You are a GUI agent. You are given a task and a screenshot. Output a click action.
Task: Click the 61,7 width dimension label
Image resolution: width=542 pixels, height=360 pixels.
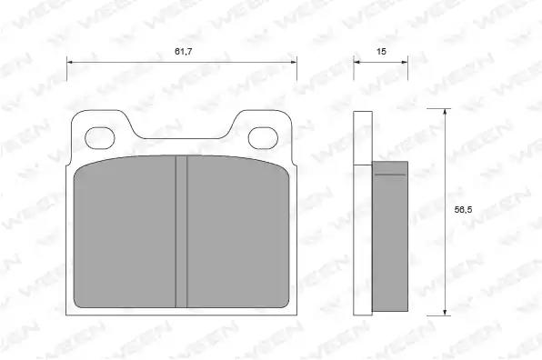click(183, 52)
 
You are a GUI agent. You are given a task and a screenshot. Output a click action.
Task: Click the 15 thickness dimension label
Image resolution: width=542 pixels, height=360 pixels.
click(381, 52)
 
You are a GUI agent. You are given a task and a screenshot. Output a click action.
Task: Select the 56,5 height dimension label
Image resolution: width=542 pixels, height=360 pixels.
click(463, 210)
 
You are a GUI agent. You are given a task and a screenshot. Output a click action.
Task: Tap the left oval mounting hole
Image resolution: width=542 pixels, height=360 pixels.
click(100, 138)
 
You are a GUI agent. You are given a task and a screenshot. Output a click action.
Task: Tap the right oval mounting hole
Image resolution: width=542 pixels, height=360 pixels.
click(263, 138)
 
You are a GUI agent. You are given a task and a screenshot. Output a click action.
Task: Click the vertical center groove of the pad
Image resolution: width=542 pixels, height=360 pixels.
click(182, 232)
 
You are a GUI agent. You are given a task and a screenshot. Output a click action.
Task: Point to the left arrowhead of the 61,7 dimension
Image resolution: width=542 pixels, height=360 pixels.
click(69, 62)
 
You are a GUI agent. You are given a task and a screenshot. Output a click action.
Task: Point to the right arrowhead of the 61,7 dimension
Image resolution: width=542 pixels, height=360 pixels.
click(294, 62)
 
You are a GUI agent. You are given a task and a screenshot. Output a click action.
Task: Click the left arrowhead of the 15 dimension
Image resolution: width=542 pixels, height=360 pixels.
click(356, 62)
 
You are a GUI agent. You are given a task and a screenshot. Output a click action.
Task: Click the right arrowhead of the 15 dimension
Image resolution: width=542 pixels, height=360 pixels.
click(405, 62)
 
